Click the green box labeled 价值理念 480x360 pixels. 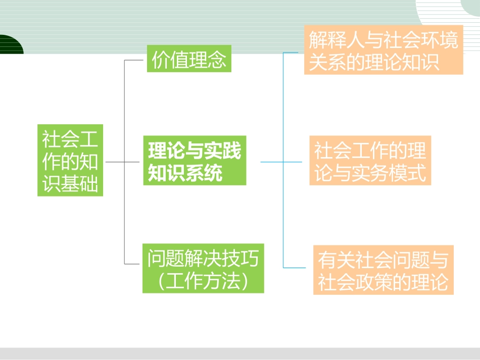click(189, 59)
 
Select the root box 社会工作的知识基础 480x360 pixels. click(70, 161)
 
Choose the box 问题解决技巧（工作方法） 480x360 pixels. click(203, 269)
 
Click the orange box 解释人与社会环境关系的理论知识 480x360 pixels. click(383, 50)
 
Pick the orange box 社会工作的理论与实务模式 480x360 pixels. click(370, 161)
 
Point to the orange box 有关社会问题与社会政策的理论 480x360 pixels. click(383, 270)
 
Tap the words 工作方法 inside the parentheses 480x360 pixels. click(204, 280)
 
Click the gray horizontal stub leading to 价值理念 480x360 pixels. click(135, 60)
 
